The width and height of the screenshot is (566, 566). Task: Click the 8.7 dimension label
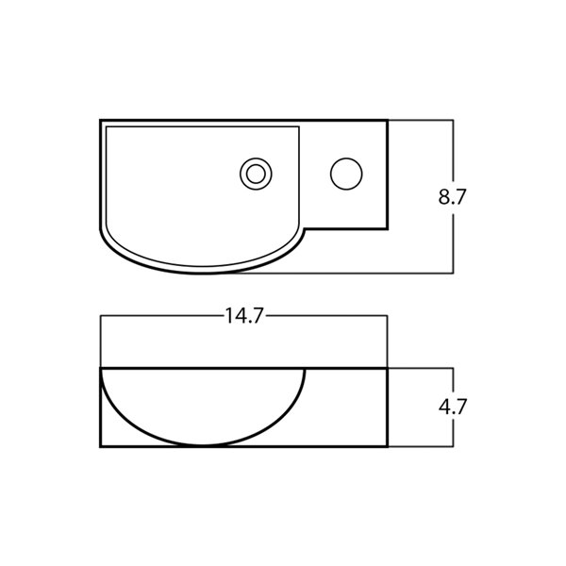[454, 197]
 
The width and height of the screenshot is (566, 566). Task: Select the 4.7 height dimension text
[454, 408]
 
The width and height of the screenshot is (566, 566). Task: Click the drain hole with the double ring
[254, 174]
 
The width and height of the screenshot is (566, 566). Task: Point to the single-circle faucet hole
[346, 174]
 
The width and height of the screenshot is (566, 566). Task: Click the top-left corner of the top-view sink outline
[101, 121]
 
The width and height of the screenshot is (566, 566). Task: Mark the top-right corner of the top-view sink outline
[388, 121]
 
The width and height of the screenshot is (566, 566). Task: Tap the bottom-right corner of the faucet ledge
[388, 228]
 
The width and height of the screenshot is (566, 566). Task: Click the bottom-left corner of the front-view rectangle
[101, 447]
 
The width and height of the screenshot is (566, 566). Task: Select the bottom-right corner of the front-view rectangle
[388, 447]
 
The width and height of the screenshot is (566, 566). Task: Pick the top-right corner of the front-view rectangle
[388, 366]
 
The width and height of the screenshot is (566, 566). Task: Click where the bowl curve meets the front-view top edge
[305, 367]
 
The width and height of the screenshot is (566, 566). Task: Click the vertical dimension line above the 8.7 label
[455, 151]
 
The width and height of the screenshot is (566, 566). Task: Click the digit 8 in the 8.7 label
[444, 197]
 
